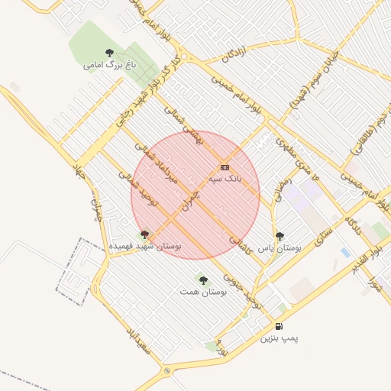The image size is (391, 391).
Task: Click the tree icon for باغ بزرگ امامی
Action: click(109, 53)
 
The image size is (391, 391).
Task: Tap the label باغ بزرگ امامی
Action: click(104, 65)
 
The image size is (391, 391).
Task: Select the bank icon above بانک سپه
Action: click(225, 167)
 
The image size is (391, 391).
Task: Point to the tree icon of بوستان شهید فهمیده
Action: click(144, 234)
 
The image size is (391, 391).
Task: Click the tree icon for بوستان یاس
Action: click(280, 236)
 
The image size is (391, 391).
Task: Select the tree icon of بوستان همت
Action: click(203, 280)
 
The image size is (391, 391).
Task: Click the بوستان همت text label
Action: click(200, 292)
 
